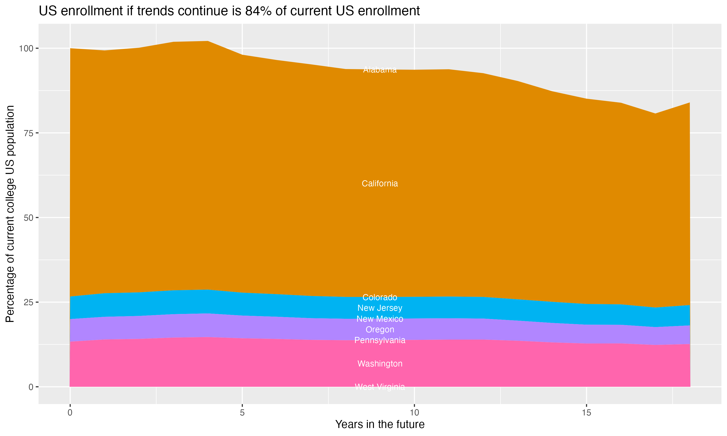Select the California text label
pyautogui.click(x=380, y=184)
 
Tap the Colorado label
pyautogui.click(x=380, y=297)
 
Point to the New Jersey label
pyautogui.click(x=380, y=308)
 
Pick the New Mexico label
pyautogui.click(x=380, y=319)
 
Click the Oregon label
pyautogui.click(x=380, y=329)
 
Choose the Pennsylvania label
pyautogui.click(x=380, y=340)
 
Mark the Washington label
pyautogui.click(x=380, y=364)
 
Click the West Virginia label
pyautogui.click(x=380, y=387)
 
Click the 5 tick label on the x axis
pyautogui.click(x=242, y=413)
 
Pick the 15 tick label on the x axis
pyautogui.click(x=586, y=413)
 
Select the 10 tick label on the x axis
pyautogui.click(x=414, y=413)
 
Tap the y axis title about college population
pyautogui.click(x=10, y=214)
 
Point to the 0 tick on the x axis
pyautogui.click(x=70, y=413)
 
